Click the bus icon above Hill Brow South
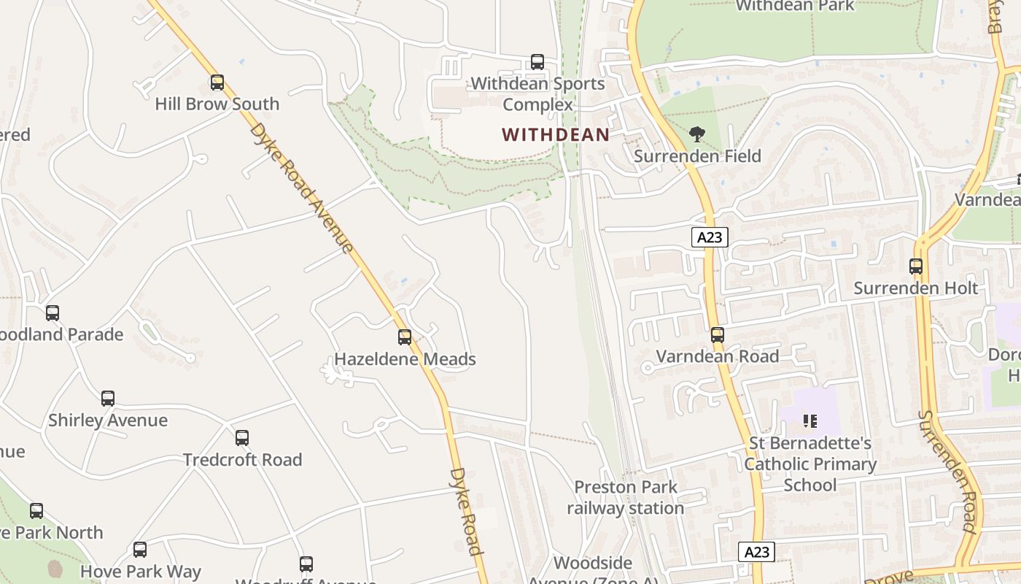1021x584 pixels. coord(217,82)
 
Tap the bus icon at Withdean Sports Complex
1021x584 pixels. coord(537,62)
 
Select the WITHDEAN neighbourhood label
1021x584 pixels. coord(556,135)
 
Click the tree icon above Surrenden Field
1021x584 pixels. coord(697,134)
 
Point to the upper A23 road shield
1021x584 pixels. coord(710,237)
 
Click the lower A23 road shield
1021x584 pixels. coord(756,552)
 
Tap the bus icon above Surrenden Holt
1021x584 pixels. coord(916,266)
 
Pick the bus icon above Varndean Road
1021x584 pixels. coord(718,335)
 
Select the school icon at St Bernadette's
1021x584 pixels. coord(810,421)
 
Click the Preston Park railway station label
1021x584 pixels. coord(625,498)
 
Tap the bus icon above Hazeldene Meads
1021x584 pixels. coord(405,337)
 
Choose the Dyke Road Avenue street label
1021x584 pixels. coord(302,188)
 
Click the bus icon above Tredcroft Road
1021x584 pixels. coord(242,438)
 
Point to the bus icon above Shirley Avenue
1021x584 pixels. coord(108,399)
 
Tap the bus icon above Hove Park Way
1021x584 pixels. coord(140,550)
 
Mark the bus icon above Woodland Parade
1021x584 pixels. coord(53,313)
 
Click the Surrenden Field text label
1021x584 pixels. coord(697,156)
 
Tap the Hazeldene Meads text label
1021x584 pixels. coord(405,359)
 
